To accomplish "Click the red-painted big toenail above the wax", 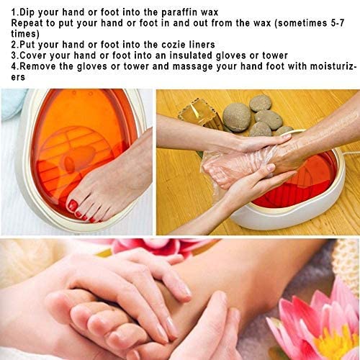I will click(73, 206).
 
